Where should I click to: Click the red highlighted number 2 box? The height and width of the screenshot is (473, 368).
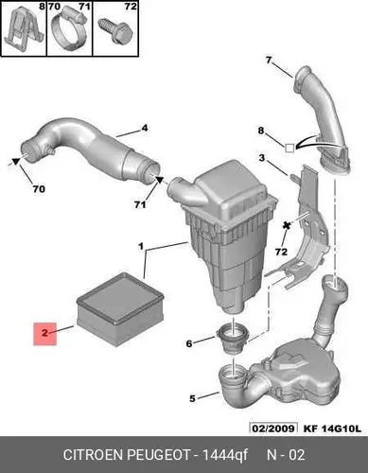tap(45, 334)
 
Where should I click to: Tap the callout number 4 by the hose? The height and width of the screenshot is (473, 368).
tap(144, 129)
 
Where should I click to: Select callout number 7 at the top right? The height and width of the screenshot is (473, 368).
tap(269, 60)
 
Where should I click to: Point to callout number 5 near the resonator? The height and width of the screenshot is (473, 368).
tap(192, 398)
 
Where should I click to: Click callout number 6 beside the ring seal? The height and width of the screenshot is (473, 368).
tap(189, 343)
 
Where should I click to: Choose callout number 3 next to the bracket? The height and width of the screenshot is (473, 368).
tap(262, 157)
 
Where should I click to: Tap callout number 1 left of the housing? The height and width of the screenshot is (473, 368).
tap(141, 246)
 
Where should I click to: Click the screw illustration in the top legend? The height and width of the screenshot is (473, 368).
tap(115, 31)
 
